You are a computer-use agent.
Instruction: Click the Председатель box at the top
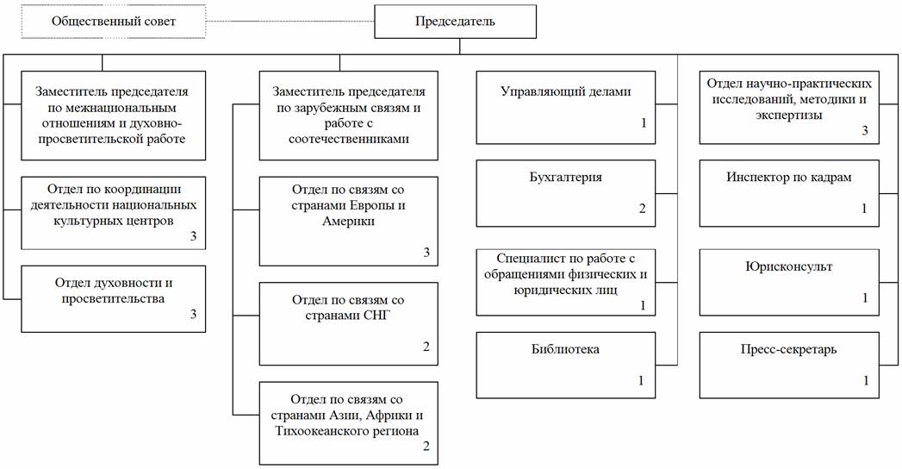[456, 22]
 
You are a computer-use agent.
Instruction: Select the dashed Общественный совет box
[114, 22]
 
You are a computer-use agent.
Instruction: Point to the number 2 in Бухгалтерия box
[642, 209]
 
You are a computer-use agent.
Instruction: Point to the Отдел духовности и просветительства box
[113, 298]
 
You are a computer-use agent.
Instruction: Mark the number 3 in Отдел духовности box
[194, 315]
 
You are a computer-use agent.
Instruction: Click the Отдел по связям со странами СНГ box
[348, 323]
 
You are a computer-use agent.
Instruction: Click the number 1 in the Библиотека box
[642, 381]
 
